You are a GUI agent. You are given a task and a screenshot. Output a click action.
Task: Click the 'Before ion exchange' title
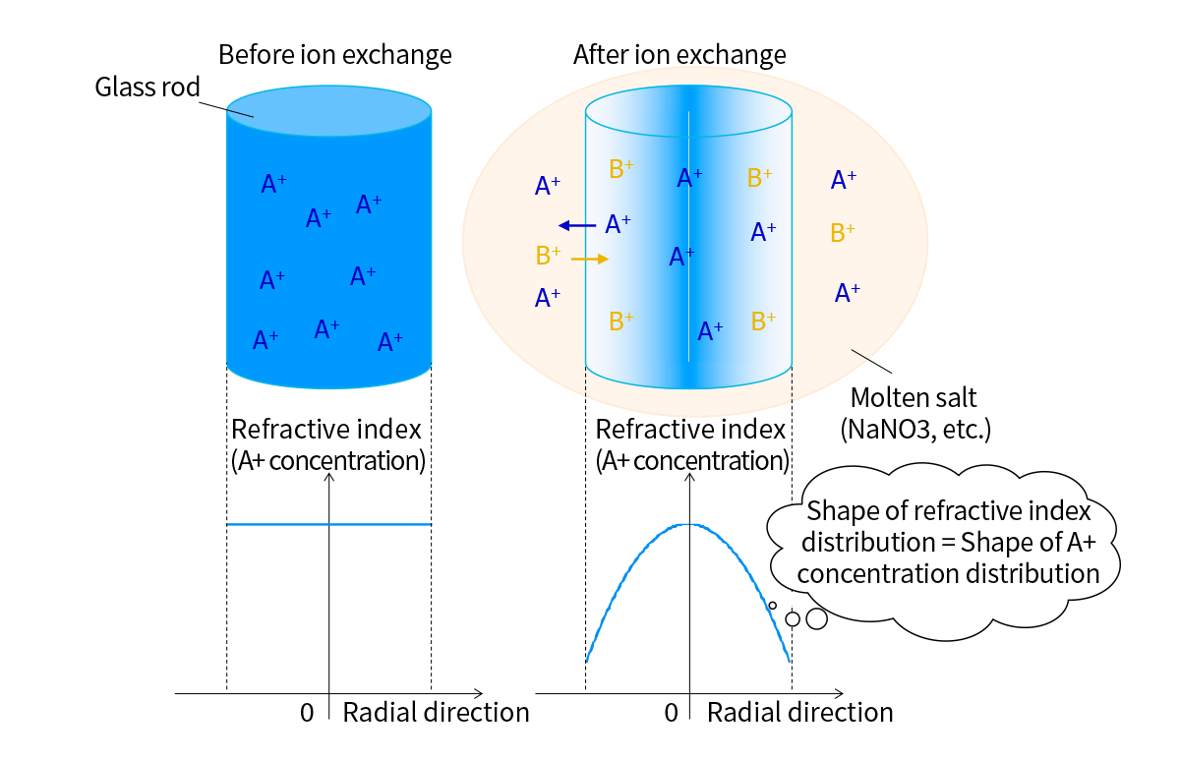[335, 55]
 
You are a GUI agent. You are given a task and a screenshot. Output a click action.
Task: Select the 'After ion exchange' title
[679, 55]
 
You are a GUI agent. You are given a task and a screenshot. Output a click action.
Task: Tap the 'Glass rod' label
[147, 87]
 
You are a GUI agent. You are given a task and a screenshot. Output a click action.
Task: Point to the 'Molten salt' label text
[914, 397]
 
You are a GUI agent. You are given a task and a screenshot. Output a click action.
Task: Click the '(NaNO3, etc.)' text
[915, 430]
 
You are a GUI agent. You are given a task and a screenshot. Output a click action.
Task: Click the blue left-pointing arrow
[577, 226]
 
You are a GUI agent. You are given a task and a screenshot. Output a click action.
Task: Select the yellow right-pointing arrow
[590, 259]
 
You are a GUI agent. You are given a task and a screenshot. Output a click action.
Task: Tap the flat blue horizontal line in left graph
[329, 524]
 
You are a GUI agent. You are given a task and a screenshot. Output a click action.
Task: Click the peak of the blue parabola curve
[689, 524]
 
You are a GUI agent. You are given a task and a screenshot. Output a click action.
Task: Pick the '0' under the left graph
[307, 713]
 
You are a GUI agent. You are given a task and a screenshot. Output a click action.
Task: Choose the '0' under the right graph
[671, 713]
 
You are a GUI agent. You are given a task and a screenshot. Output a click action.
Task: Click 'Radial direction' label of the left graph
[436, 713]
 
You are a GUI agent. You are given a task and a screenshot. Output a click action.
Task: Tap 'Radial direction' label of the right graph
[800, 713]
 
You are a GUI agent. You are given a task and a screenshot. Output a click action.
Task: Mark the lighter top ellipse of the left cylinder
[329, 111]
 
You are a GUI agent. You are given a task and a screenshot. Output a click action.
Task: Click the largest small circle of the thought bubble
[816, 618]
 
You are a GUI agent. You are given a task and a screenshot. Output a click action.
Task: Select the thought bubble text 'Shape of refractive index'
[949, 511]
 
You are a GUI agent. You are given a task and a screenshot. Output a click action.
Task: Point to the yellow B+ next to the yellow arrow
[549, 256]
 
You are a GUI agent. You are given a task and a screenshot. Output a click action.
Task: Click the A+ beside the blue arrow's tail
[618, 224]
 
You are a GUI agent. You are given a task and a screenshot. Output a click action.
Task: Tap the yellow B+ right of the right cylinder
[843, 233]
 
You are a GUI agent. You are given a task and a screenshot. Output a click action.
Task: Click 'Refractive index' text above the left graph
[326, 430]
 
